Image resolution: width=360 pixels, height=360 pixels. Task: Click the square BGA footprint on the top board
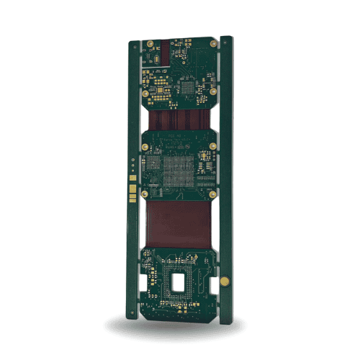click(x=189, y=88)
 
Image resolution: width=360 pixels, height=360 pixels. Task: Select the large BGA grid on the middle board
click(x=174, y=171)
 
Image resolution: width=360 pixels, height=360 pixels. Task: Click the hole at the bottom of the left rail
click(x=134, y=312)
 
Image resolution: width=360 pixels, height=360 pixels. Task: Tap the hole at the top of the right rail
click(x=226, y=41)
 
